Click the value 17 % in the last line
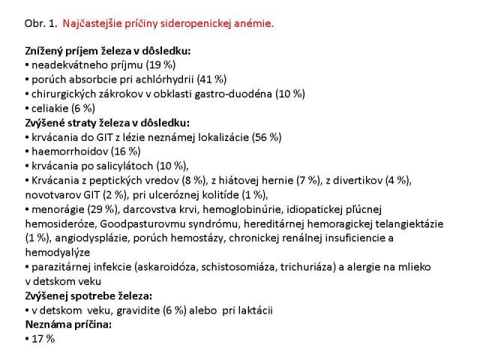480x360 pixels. click(x=43, y=338)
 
